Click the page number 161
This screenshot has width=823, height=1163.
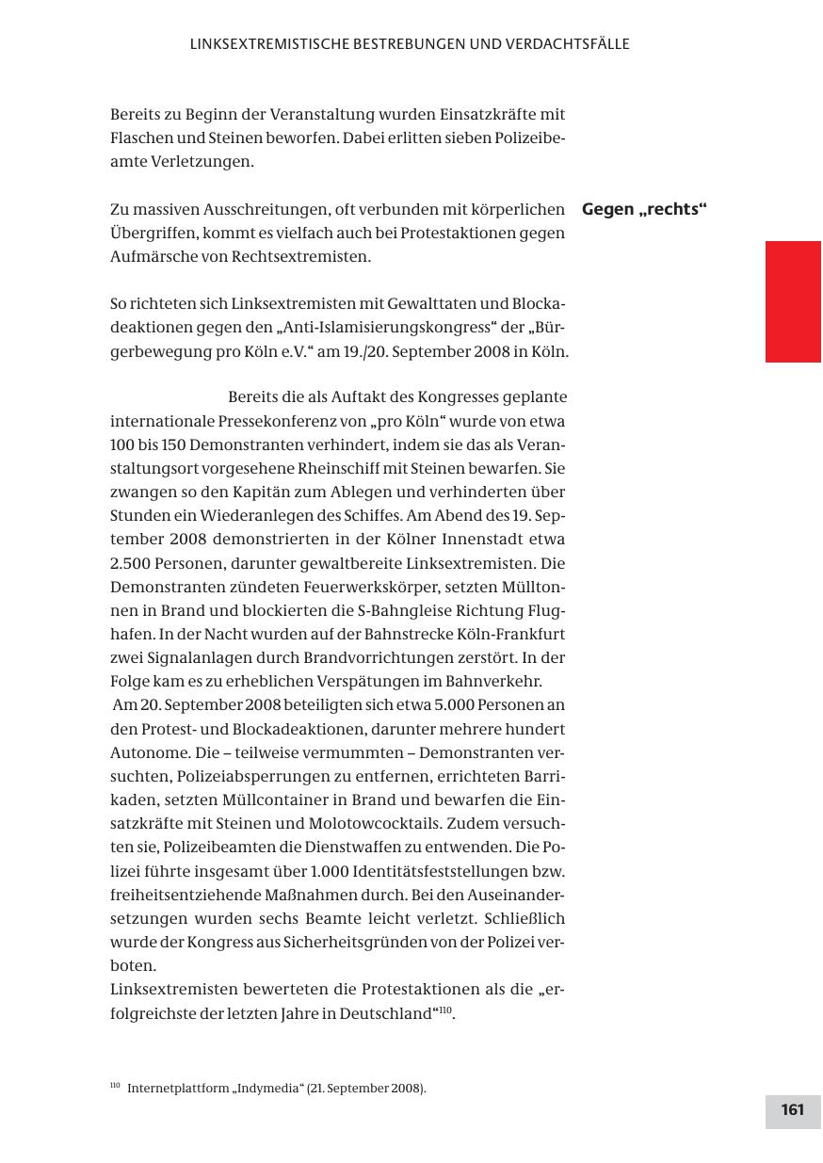792,1109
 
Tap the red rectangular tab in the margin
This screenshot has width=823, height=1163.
792,301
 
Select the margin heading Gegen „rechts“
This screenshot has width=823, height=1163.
644,209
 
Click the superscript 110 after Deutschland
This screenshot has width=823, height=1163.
445,1010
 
